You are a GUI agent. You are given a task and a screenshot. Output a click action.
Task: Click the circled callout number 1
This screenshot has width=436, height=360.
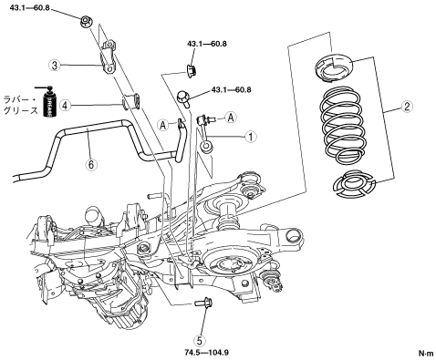[251, 137]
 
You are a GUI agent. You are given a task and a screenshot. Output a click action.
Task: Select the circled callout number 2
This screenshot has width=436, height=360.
[407, 107]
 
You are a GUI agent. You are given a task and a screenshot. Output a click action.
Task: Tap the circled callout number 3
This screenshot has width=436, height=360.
[55, 65]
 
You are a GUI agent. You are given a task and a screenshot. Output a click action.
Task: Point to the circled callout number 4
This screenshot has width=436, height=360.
[65, 105]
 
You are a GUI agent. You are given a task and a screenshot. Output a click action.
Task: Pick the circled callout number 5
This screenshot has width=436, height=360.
[200, 341]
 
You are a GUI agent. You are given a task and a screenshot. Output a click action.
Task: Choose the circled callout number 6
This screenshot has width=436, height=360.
[91, 164]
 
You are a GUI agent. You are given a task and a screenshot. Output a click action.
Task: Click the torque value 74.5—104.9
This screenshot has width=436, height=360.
[207, 353]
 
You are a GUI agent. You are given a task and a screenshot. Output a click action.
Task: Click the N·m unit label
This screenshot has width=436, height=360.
[426, 354]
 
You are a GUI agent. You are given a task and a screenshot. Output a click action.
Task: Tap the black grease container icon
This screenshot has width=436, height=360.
[48, 102]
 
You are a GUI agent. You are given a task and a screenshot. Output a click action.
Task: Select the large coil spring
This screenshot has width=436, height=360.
[343, 124]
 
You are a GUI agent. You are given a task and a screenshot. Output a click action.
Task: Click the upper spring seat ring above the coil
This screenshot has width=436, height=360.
[334, 67]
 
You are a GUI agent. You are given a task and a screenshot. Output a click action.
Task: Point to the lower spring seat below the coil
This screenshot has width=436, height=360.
[354, 183]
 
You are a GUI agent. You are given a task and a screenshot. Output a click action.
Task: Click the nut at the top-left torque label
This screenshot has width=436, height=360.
[86, 22]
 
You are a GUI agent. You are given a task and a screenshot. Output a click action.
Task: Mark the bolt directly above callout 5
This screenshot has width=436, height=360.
[203, 303]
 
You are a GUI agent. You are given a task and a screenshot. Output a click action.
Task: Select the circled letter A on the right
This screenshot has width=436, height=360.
[231, 118]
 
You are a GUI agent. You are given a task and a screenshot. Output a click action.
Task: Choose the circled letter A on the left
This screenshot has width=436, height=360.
[163, 125]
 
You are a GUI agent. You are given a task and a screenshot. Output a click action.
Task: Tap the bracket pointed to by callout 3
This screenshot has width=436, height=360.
[108, 57]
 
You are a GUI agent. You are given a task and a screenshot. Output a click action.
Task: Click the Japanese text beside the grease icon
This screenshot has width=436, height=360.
[21, 105]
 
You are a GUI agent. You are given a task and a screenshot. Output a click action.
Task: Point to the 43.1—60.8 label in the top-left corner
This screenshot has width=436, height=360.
[29, 7]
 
